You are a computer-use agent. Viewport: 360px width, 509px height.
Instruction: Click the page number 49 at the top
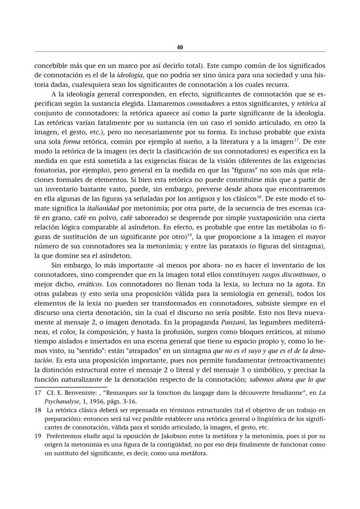[x=180, y=47]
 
